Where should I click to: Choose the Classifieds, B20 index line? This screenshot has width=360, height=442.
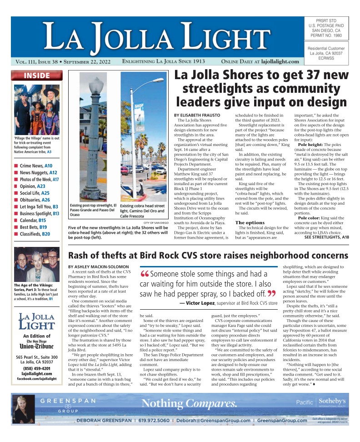click(35, 234)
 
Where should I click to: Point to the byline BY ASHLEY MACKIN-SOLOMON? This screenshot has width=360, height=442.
click(98, 266)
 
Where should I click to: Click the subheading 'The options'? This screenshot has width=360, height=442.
click(249, 222)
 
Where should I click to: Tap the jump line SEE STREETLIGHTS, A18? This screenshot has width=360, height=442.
click(326, 237)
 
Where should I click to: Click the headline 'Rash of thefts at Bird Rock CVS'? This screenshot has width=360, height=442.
click(208, 256)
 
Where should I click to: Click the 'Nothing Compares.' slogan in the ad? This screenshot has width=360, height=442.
click(189, 403)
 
